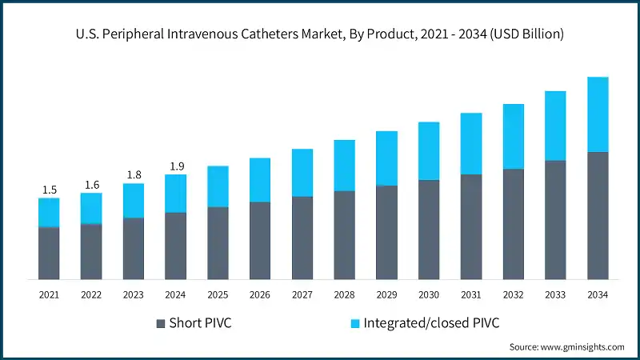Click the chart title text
[x=320, y=34]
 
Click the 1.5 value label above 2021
[x=49, y=190]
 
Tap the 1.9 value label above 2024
[x=176, y=166]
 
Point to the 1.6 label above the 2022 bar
[x=91, y=185]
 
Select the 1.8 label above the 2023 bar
[x=134, y=175]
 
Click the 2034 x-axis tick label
[x=598, y=295]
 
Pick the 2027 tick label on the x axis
[x=302, y=295]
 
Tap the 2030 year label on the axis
[x=429, y=295]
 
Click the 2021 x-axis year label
[x=49, y=295]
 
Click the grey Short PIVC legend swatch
[x=162, y=323]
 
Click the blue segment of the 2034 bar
[x=598, y=114]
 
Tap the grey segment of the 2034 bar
[x=598, y=215]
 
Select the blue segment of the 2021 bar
[x=49, y=212]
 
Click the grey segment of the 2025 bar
[x=218, y=243]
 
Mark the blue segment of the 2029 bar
[x=386, y=158]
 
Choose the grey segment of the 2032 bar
[x=513, y=224]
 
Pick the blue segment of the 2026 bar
[x=260, y=180]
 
